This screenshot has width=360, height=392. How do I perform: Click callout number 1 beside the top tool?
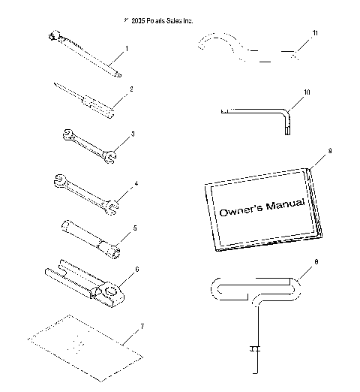(x=127, y=48)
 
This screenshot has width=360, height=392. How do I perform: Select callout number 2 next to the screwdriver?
(x=130, y=89)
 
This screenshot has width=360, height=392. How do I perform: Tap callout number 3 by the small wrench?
(x=133, y=134)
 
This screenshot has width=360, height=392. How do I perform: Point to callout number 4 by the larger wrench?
(x=135, y=182)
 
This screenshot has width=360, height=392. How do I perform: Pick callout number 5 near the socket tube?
(x=135, y=227)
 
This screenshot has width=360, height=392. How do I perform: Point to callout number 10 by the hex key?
(x=306, y=92)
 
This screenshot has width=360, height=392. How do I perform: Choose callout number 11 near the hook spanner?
(x=316, y=34)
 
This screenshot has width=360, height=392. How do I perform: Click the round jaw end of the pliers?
(x=110, y=291)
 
